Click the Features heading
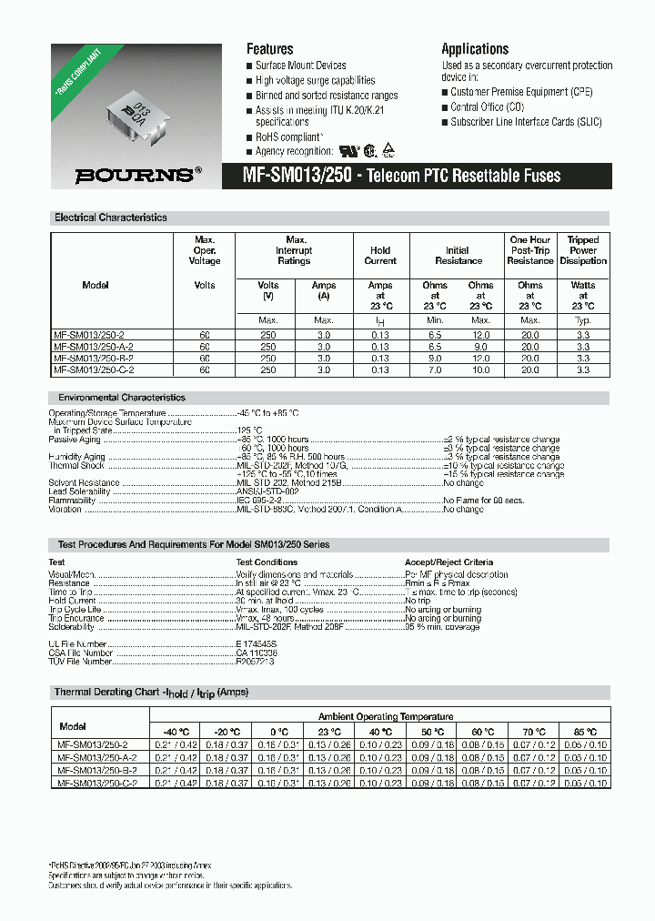[270, 49]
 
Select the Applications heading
[475, 49]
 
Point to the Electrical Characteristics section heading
[111, 218]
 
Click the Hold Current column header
[380, 256]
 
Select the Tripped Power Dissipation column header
[583, 250]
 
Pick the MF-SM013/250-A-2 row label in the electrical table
[95, 347]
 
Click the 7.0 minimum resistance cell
[435, 370]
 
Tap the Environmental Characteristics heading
[121, 398]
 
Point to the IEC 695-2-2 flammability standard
[261, 500]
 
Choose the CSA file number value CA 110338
[257, 653]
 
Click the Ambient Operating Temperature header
[386, 716]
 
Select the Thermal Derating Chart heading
[151, 693]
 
